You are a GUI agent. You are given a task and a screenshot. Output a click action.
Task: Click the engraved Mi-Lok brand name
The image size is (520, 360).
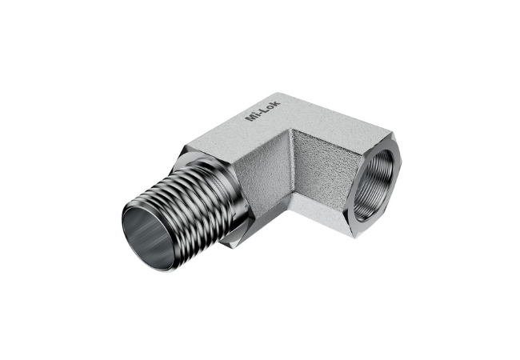(x=262, y=110)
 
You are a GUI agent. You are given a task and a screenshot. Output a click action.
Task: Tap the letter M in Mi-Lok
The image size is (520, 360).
(x=250, y=118)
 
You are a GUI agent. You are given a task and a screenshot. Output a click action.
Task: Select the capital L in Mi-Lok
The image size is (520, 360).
(x=265, y=109)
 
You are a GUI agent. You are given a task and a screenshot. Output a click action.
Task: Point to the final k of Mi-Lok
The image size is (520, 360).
(x=277, y=102)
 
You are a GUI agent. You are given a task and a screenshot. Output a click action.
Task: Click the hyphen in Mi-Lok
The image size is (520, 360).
(x=259, y=112)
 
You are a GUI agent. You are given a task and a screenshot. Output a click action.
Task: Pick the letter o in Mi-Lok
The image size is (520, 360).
(x=271, y=106)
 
